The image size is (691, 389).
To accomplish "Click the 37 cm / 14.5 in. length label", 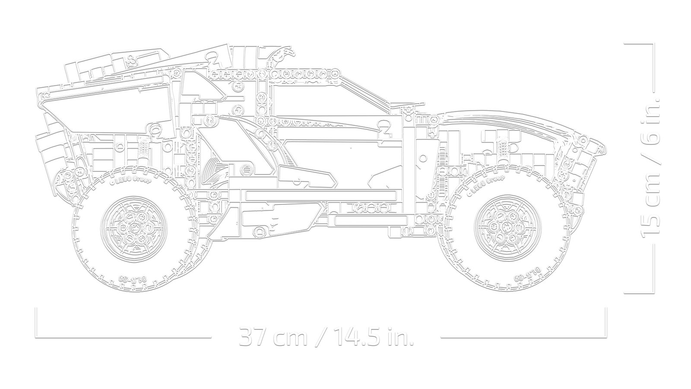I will (326, 336).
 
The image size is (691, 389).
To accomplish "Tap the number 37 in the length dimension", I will (251, 336).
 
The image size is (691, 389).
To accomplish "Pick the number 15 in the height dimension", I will (650, 224).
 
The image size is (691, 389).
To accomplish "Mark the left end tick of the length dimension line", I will (36, 320).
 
